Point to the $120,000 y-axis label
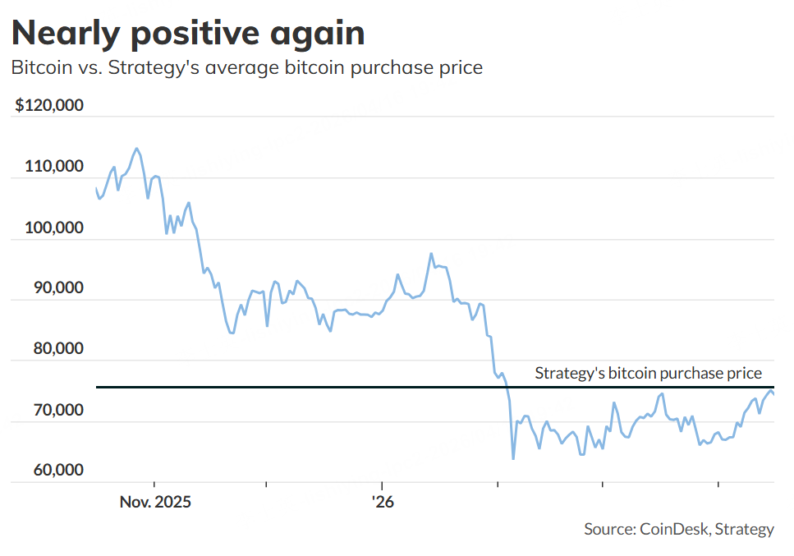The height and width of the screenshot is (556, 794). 49,106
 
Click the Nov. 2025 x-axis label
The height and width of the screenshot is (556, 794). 154,501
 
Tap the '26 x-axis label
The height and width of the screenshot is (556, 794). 382,501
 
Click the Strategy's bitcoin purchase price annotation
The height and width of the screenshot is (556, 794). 649,373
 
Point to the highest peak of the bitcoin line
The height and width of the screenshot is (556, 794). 136,149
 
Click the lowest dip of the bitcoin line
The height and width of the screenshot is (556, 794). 513,458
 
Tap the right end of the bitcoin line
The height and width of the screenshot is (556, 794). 773,395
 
